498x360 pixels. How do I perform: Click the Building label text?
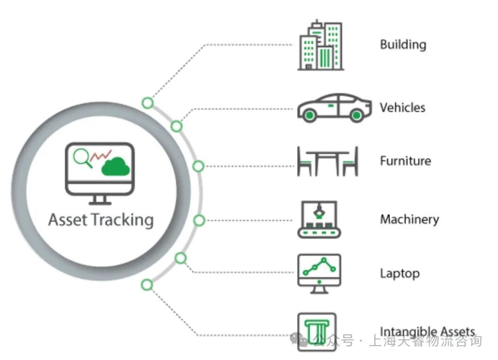click(x=403, y=45)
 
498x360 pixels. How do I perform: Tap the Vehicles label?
click(x=402, y=108)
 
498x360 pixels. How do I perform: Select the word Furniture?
click(x=405, y=161)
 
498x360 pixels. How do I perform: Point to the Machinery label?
click(x=409, y=219)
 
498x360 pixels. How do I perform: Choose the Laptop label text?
click(x=399, y=273)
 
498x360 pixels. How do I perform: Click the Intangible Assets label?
click(x=427, y=331)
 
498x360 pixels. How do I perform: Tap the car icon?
click(x=334, y=108)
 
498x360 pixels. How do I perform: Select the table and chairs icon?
click(x=327, y=161)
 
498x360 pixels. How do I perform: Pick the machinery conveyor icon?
click(x=319, y=219)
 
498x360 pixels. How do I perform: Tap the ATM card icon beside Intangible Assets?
click(x=317, y=330)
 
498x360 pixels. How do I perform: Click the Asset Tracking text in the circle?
click(x=101, y=219)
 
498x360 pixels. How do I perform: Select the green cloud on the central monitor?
click(x=115, y=167)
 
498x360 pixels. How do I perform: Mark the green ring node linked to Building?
click(x=148, y=103)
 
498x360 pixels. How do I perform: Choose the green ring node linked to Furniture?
click(x=198, y=166)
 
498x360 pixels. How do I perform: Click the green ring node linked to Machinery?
click(x=199, y=220)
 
